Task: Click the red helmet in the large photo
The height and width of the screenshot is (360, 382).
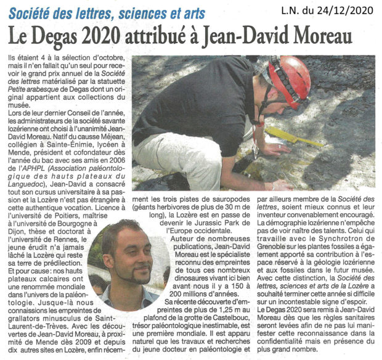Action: [288, 79]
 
